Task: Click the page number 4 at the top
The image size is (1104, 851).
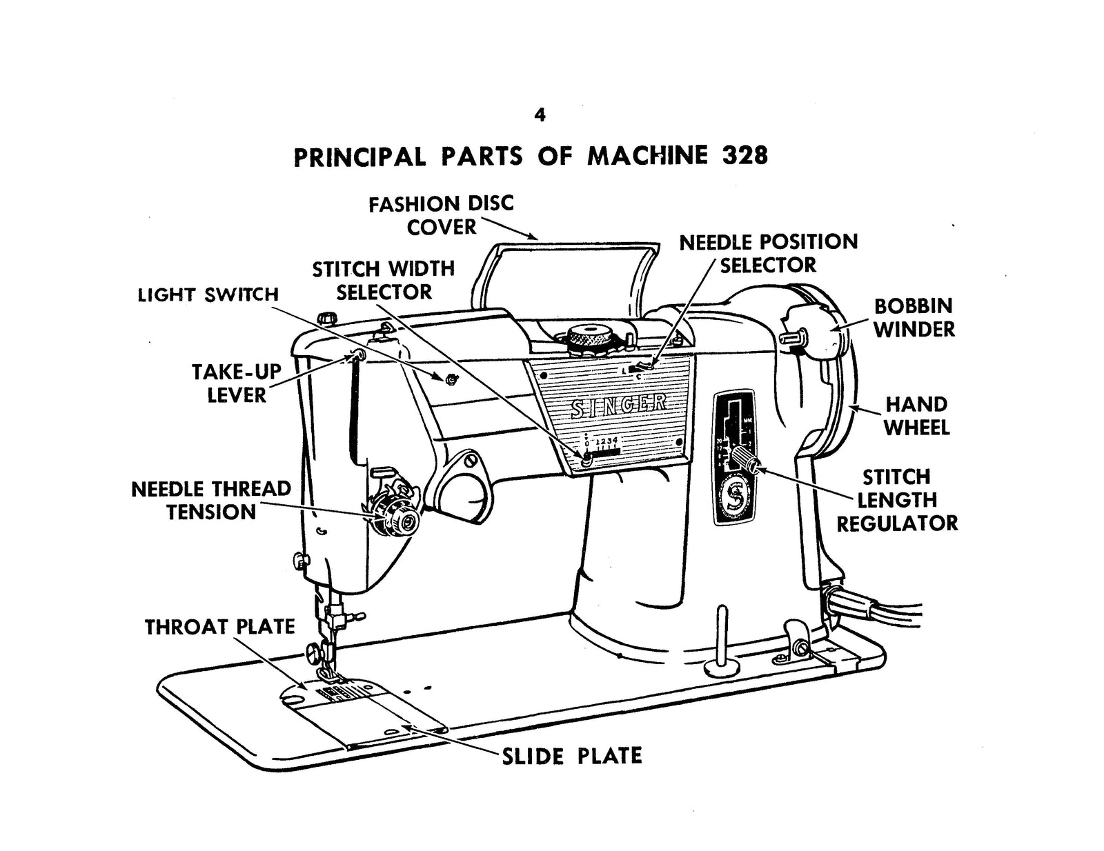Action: click(540, 115)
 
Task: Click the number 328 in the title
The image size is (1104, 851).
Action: click(745, 156)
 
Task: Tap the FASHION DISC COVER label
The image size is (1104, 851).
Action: click(441, 215)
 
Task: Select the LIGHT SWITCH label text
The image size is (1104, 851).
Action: click(208, 295)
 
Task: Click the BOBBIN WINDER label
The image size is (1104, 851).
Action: click(914, 317)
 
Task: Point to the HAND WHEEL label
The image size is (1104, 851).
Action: click(916, 416)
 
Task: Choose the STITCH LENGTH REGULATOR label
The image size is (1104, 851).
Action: click(897, 500)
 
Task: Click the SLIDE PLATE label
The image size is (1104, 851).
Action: click(571, 756)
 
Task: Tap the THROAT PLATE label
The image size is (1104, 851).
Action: click(219, 627)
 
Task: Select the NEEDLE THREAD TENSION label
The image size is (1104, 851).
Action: click(211, 501)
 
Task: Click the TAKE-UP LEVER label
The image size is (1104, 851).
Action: click(237, 383)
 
